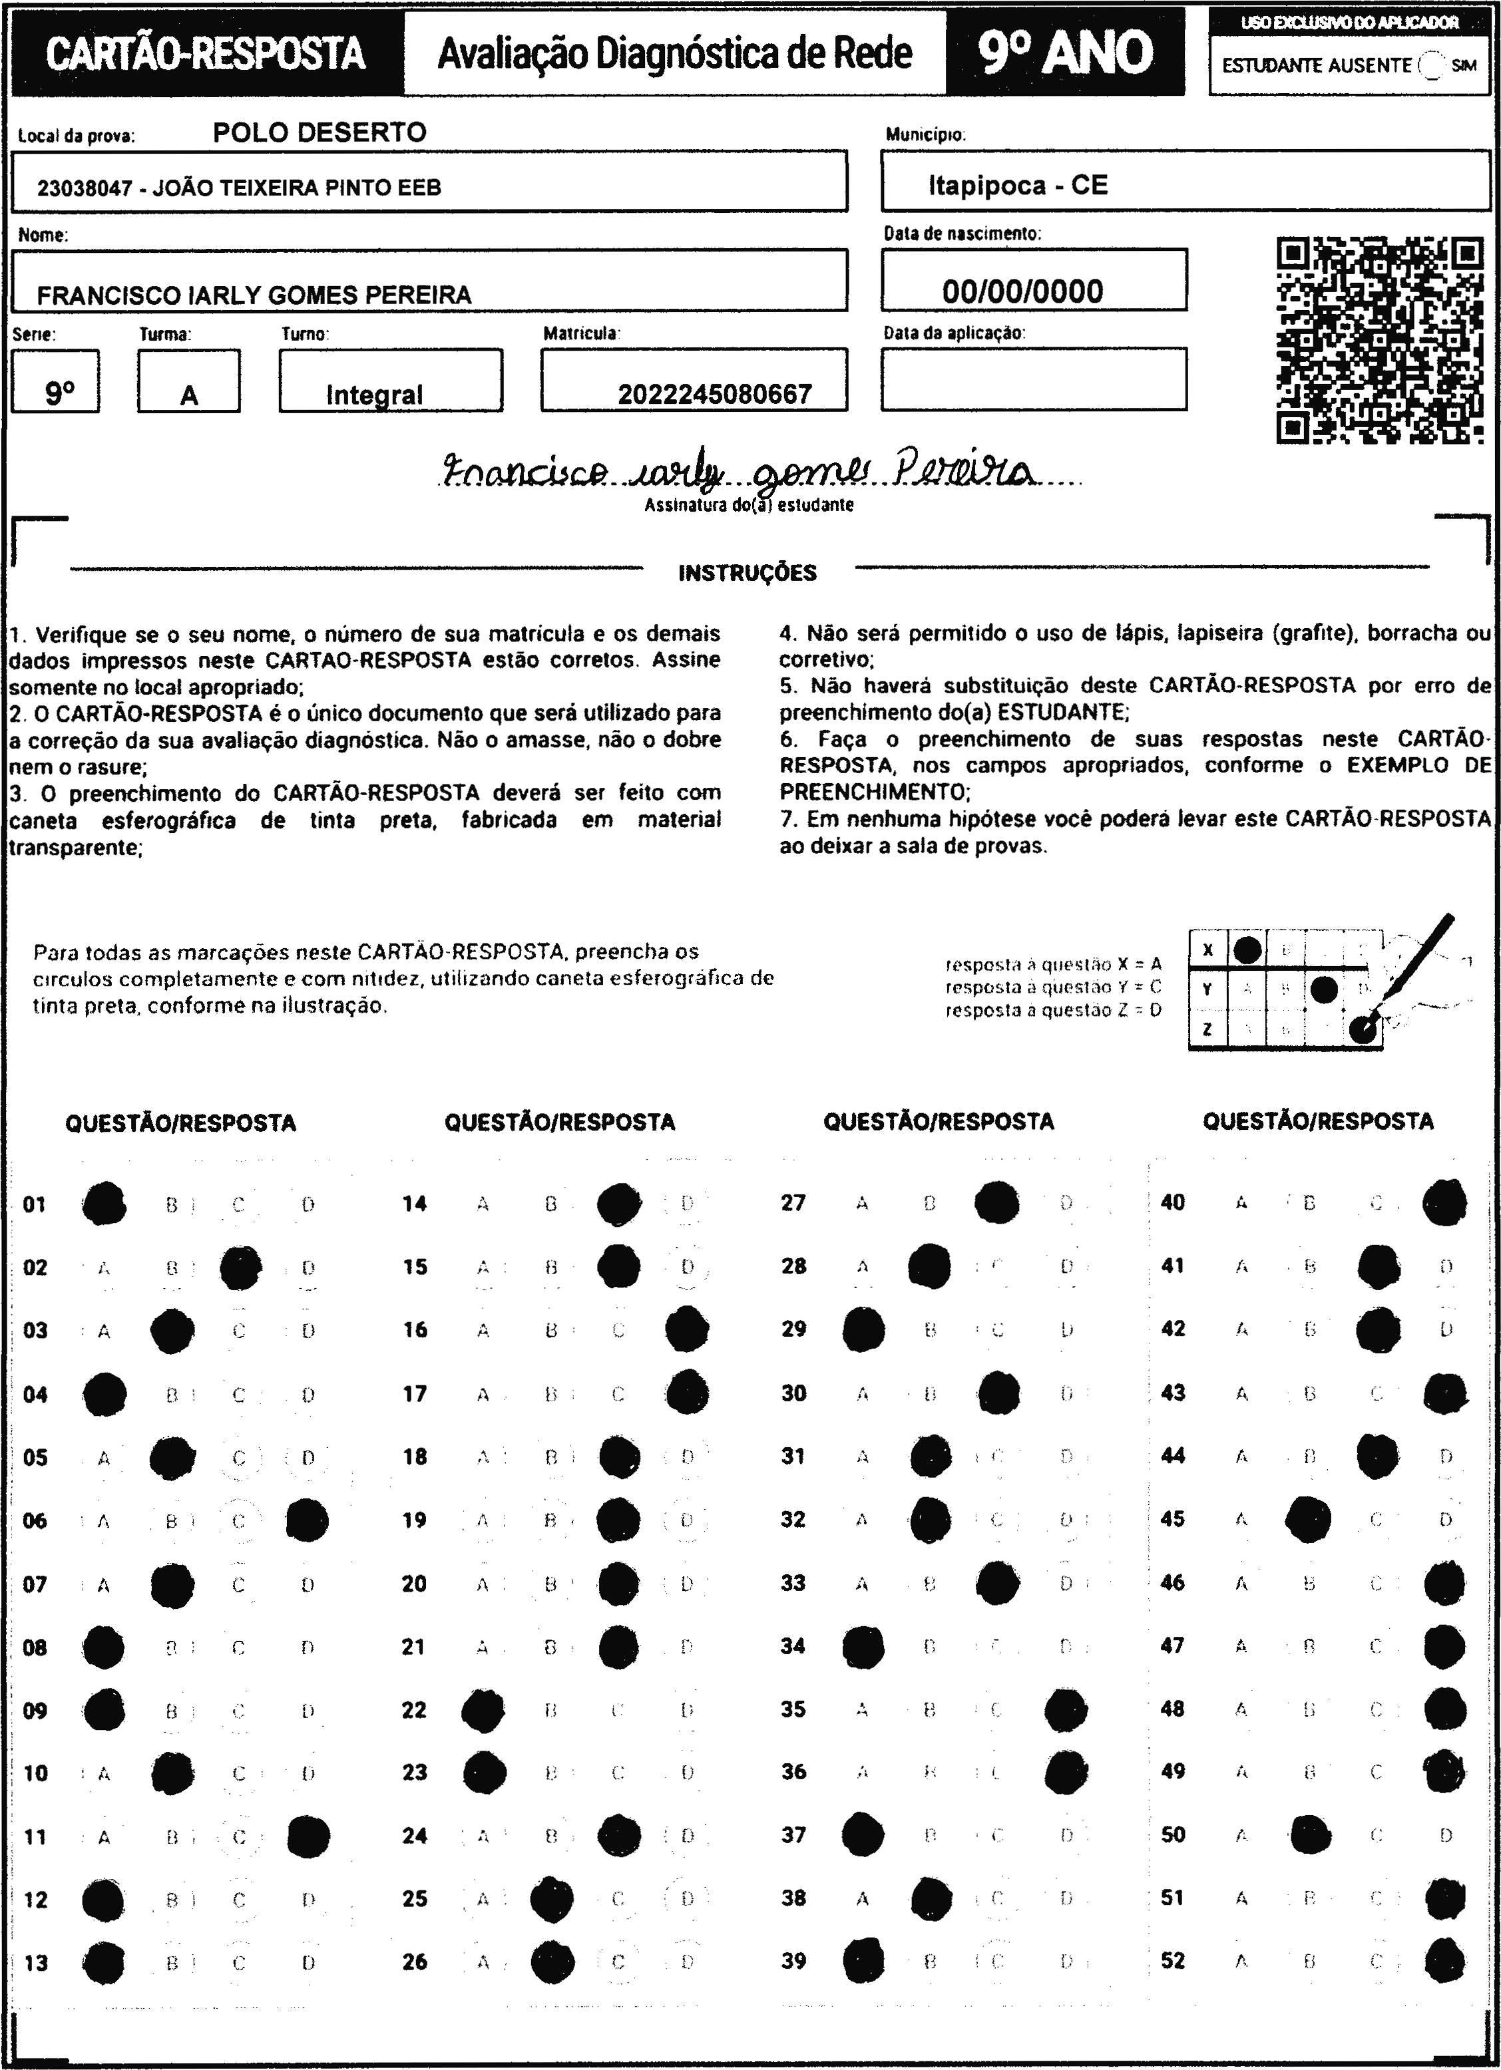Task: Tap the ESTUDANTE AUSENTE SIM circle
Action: point(1433,66)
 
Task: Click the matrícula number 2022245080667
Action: point(714,395)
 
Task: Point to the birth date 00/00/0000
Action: point(1022,291)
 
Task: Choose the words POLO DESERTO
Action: point(320,132)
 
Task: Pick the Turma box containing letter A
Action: point(189,381)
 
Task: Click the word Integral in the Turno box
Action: point(374,395)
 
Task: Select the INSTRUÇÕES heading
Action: point(748,573)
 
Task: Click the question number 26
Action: point(415,1962)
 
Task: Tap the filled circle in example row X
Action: point(1247,949)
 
